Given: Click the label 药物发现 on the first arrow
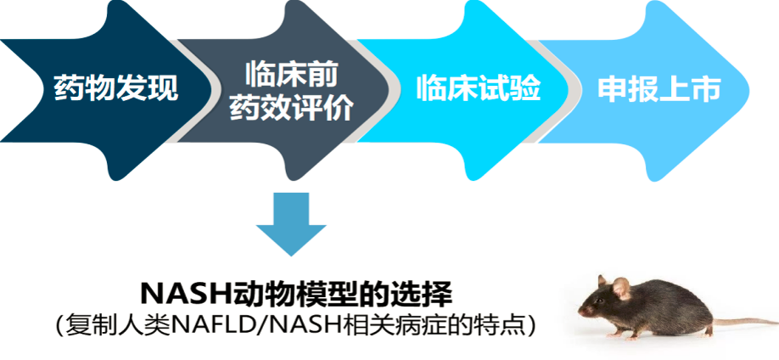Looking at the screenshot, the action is [x=116, y=88].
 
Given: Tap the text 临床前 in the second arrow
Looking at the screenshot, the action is [x=291, y=76].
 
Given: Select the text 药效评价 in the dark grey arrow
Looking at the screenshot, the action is [x=291, y=108].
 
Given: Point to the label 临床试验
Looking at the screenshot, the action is [x=478, y=88].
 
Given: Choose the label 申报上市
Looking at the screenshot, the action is [x=659, y=88].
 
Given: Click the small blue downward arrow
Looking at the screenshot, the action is [x=291, y=224].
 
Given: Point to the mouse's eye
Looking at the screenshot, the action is [x=600, y=301].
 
